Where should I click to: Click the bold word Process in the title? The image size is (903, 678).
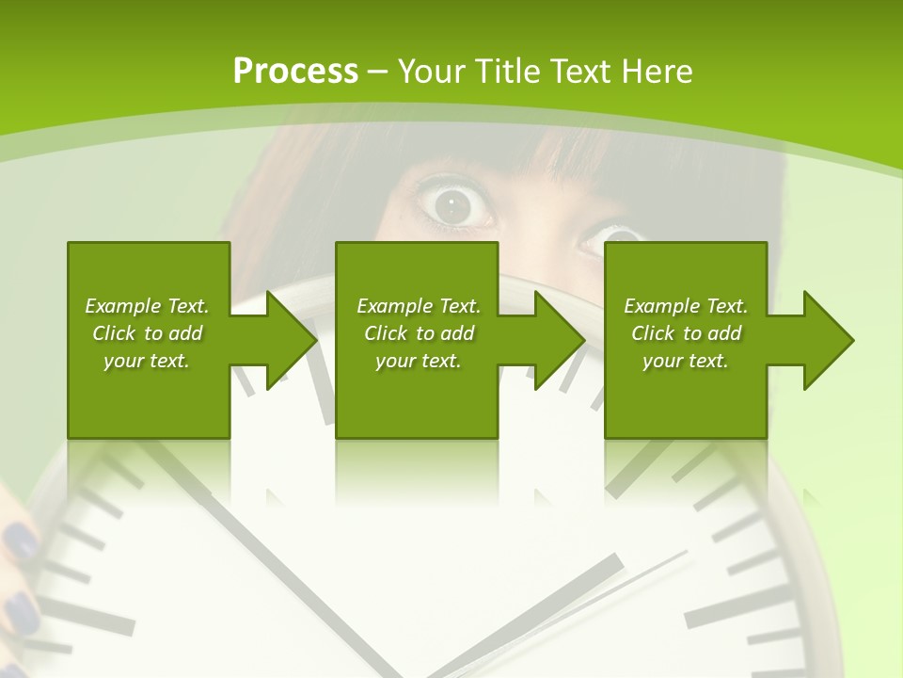295,72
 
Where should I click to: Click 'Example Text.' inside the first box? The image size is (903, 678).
147,306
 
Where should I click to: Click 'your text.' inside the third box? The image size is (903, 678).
685,361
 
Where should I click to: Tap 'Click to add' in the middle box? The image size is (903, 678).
419,333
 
